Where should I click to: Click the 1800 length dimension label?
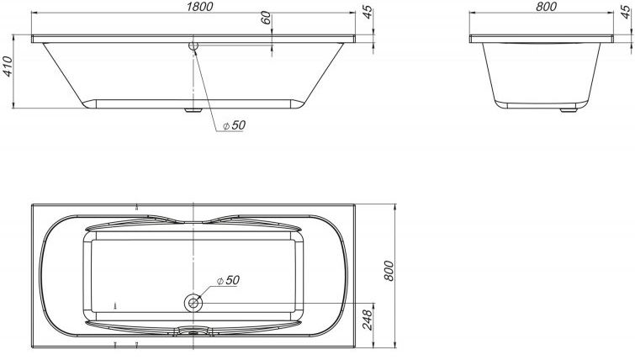[194, 7]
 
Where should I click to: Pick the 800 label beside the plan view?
[389, 269]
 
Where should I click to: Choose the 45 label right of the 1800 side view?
[367, 13]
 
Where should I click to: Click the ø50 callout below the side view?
[233, 124]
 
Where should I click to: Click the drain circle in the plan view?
[194, 300]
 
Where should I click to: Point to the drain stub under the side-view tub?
[194, 109]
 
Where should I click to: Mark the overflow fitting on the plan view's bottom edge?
[194, 331]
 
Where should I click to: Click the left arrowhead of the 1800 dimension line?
[34, 14]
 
